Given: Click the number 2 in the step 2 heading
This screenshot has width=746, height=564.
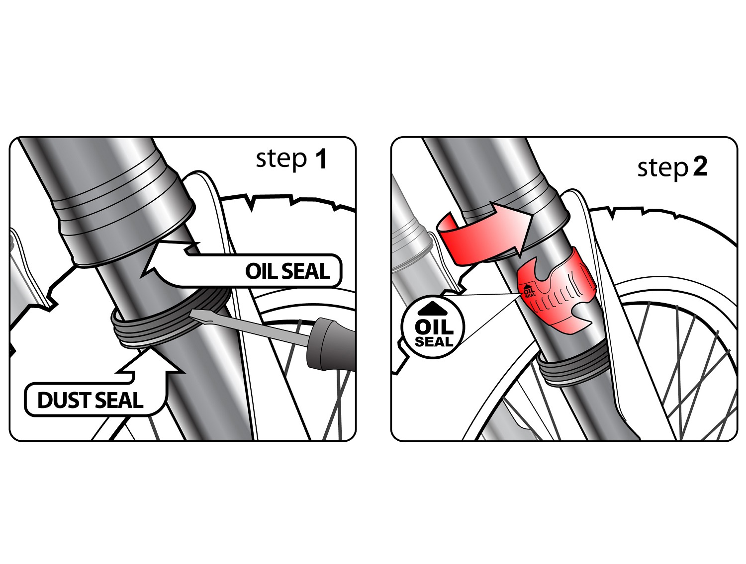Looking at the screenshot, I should click(699, 167).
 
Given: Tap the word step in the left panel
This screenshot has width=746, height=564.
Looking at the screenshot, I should click(281, 160).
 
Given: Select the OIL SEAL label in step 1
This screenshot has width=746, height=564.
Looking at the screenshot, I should click(287, 271).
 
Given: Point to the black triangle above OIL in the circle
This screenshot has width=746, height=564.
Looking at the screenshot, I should click(433, 309).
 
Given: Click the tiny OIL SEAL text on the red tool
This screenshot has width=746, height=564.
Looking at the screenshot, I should click(529, 291).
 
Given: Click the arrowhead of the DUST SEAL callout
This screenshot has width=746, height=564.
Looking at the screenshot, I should click(149, 360).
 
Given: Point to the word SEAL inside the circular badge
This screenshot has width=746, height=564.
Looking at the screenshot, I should click(434, 342).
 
